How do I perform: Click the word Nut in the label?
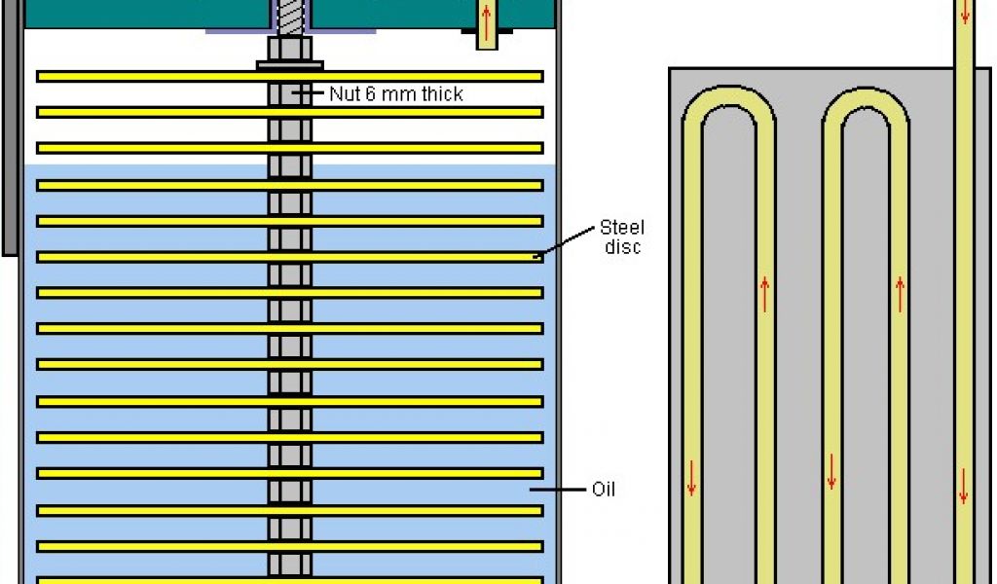[344, 94]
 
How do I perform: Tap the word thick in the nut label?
[442, 94]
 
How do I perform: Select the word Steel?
[622, 228]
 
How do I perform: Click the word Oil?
[604, 490]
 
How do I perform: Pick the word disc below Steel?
[622, 246]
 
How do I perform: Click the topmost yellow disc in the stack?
[290, 76]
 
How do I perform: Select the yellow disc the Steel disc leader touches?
[290, 257]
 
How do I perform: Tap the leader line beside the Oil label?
[558, 490]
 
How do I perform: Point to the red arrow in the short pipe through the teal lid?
[487, 23]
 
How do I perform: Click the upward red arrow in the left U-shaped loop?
[765, 294]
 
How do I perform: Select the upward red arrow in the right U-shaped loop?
[900, 294]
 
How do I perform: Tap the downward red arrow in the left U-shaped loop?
[692, 479]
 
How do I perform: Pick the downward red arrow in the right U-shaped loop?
[831, 471]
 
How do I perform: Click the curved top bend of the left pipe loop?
[728, 96]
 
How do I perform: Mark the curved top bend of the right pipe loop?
[866, 96]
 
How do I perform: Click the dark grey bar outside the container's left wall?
[10, 128]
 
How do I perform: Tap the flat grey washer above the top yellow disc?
[290, 65]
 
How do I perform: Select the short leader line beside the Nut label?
[309, 93]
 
